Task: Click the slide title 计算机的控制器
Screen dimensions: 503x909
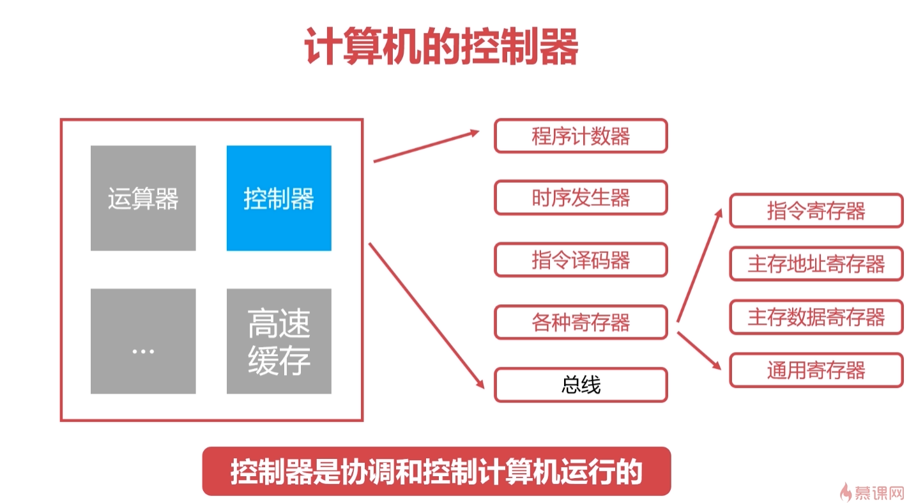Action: click(x=441, y=46)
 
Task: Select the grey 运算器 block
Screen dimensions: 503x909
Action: click(x=143, y=198)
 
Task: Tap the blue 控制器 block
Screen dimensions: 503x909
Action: click(x=279, y=198)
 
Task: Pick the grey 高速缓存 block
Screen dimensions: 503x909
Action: click(x=279, y=341)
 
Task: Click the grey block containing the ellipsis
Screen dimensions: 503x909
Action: click(x=143, y=341)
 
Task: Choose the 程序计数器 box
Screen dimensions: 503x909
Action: click(x=581, y=135)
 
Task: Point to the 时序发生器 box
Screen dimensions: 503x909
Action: click(x=581, y=197)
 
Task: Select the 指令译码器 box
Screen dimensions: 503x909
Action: click(x=581, y=259)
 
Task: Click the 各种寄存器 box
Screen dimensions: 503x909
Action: click(x=581, y=322)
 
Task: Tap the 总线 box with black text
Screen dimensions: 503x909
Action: click(x=581, y=385)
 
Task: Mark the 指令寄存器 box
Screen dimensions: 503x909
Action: click(x=816, y=211)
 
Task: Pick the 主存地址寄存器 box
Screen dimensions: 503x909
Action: click(x=816, y=263)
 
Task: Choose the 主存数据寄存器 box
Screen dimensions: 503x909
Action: click(x=816, y=316)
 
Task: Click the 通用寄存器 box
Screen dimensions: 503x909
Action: click(x=816, y=369)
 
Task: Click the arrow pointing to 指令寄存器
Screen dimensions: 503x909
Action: click(x=699, y=265)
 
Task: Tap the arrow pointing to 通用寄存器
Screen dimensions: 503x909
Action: click(x=699, y=350)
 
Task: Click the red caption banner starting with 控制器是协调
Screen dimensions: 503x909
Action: click(x=436, y=472)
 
